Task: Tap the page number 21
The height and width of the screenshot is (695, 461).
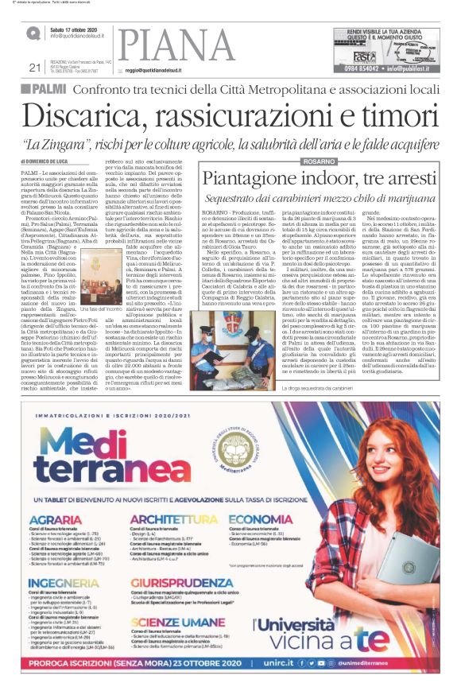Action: coord(34,68)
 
